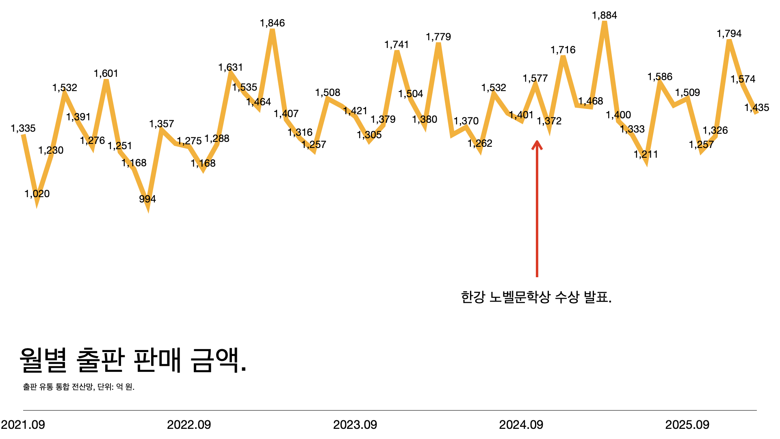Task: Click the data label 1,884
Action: (604, 15)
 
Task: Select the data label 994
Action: (147, 199)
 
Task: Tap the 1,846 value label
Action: (272, 23)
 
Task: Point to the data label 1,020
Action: (37, 194)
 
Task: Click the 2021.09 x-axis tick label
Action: (23, 425)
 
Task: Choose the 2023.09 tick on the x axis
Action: (355, 425)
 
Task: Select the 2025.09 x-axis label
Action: (687, 425)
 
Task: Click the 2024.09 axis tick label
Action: (521, 425)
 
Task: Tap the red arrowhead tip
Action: (537, 141)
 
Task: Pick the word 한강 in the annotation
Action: (473, 297)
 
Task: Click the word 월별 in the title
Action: (43, 360)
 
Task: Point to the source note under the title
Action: (78, 387)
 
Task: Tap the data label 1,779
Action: (438, 37)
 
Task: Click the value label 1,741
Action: (396, 45)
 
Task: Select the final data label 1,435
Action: (756, 108)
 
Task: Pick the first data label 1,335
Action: (23, 128)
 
